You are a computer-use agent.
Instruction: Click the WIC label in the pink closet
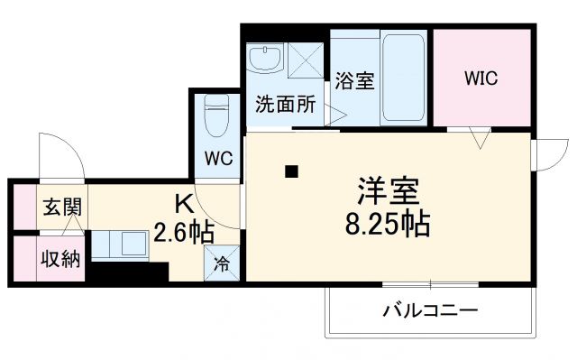pos(481,78)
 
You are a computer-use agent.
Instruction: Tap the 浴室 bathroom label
pos(354,79)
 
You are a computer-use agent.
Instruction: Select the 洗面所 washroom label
pos(284,105)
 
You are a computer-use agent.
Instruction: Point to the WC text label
pos(217,160)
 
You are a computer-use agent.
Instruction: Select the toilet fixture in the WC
pos(216,114)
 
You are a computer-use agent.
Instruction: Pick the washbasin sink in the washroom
pos(266,60)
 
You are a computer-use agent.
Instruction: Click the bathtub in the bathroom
pos(406,79)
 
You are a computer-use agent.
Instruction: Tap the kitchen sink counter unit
pos(123,245)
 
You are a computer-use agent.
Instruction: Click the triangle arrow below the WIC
pos(479,139)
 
